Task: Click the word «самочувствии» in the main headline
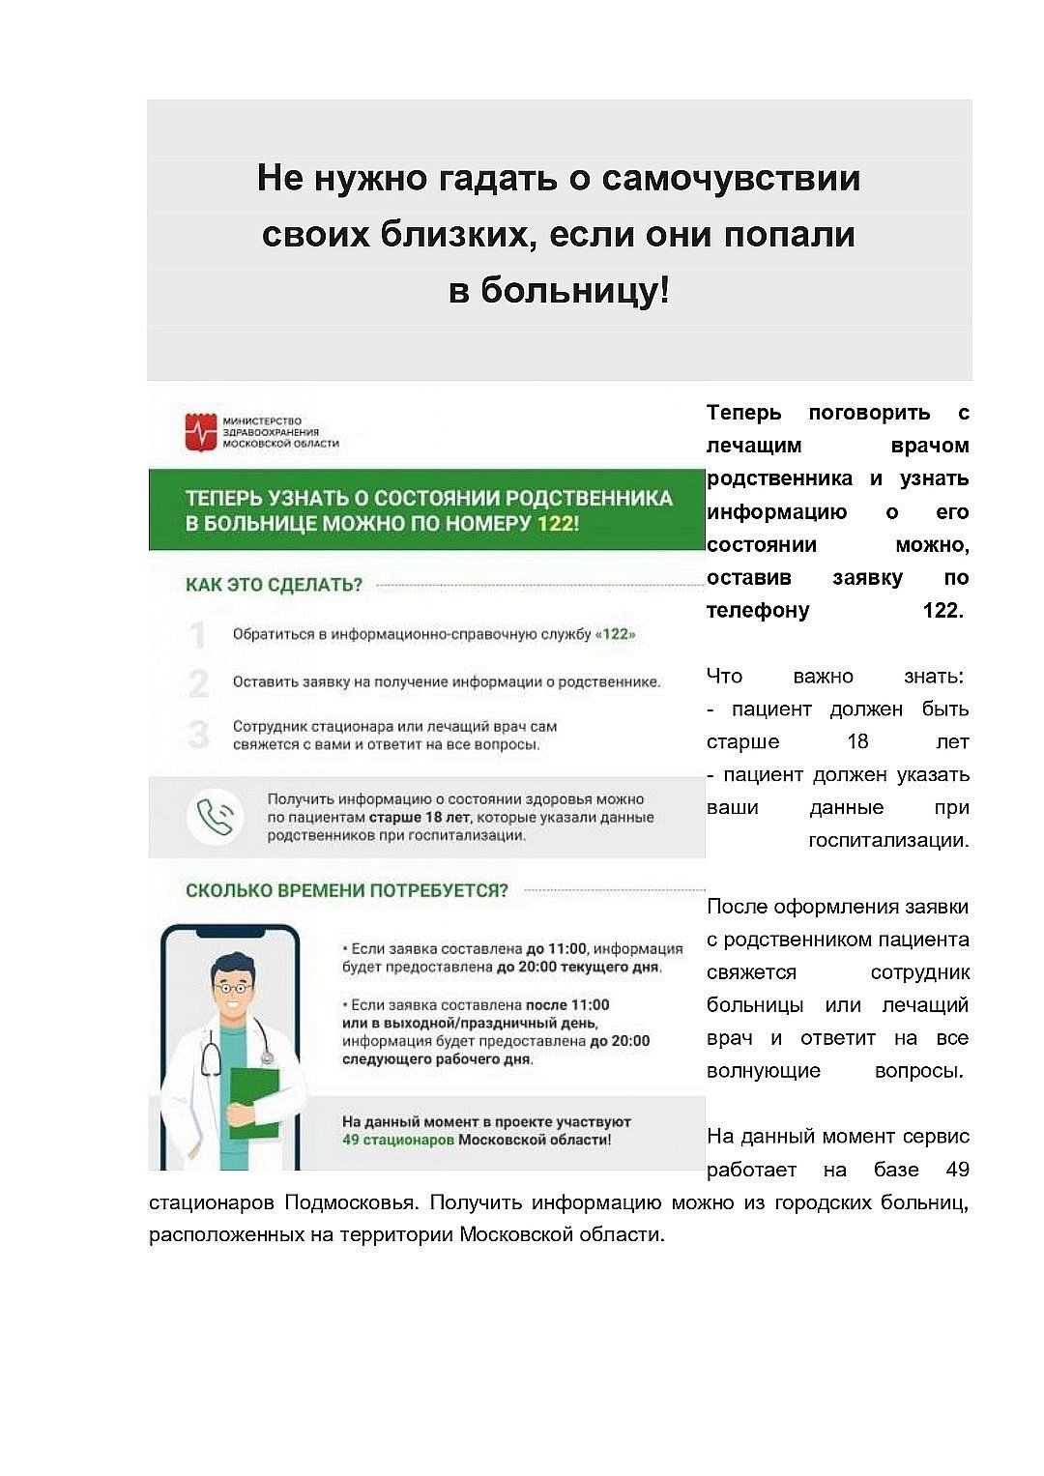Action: coord(731,179)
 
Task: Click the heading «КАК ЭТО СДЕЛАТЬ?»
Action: coord(274,585)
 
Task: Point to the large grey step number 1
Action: coord(199,635)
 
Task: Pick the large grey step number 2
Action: coord(199,683)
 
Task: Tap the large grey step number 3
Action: coord(199,735)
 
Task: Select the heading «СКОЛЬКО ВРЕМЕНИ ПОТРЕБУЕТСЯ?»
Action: coord(346,890)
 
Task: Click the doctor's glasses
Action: coord(231,988)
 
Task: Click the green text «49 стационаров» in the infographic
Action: coord(397,1140)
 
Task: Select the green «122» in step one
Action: coord(616,634)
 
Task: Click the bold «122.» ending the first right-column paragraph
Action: coord(942,610)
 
